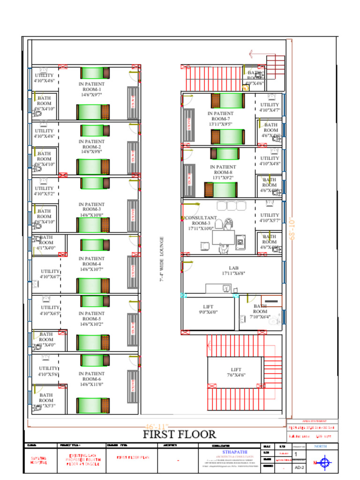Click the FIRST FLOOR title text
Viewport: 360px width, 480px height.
180,435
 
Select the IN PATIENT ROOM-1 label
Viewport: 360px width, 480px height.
92,89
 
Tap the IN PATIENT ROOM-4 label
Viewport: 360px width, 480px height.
92,264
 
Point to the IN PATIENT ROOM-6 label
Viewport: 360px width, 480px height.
92,379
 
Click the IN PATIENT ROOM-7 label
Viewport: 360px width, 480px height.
220,119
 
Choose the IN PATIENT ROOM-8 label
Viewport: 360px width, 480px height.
223,172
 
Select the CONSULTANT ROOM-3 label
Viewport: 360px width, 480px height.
201,223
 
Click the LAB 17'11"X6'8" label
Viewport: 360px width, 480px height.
233,270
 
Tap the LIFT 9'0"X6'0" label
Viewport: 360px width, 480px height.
208,309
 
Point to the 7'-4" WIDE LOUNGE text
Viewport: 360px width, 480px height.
162,259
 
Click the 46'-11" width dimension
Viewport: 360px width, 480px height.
157,426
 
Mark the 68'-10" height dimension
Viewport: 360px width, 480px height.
292,229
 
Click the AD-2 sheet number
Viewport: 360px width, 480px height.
299,468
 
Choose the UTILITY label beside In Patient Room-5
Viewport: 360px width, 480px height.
50,310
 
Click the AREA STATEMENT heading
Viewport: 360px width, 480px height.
311,421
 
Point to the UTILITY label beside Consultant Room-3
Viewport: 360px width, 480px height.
270,217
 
